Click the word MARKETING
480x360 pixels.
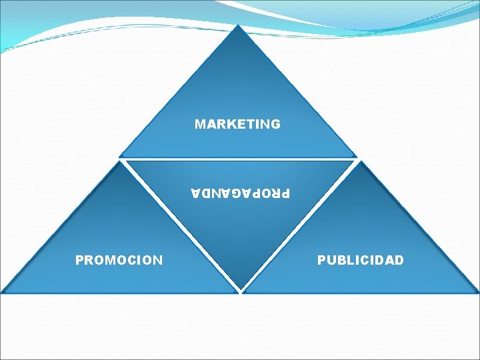coord(237,124)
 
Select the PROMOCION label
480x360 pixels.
coord(119,260)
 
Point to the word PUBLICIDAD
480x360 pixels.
coord(360,260)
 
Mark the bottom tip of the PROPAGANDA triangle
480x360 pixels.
coord(240,291)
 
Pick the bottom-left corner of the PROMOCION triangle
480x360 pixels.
coord(3,291)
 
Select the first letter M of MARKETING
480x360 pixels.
coord(199,124)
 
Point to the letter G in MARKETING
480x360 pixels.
coord(275,124)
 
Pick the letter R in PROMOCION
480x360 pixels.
coord(89,260)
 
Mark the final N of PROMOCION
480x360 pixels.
coord(157,260)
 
